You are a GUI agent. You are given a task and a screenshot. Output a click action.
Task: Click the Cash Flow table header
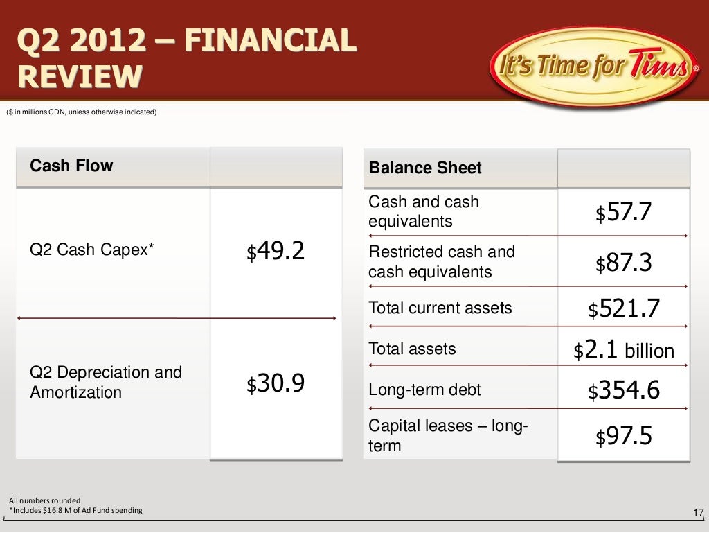[71, 166]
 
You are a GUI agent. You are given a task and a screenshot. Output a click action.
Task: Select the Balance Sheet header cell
[425, 168]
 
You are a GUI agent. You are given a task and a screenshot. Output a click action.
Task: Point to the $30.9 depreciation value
[276, 383]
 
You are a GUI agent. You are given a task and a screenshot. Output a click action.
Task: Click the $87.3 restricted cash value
[623, 263]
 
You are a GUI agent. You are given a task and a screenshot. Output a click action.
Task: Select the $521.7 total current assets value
[623, 308]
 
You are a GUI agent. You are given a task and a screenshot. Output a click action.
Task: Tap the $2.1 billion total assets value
[623, 350]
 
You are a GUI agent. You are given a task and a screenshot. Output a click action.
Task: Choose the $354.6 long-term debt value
[623, 391]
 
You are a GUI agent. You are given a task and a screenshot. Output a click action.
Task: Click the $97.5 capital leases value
[623, 437]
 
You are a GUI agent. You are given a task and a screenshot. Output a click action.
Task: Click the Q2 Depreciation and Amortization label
[106, 383]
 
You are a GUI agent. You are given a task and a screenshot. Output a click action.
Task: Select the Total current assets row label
[440, 308]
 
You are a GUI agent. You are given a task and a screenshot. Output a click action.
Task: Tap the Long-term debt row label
[424, 390]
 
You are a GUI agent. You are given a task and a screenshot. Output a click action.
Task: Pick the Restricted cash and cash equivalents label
[442, 261]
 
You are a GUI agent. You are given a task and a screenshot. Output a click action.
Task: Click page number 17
[698, 512]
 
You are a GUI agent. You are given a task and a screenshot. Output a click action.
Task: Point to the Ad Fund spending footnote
[75, 511]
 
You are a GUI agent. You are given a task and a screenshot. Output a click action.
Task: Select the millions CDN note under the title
[82, 113]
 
